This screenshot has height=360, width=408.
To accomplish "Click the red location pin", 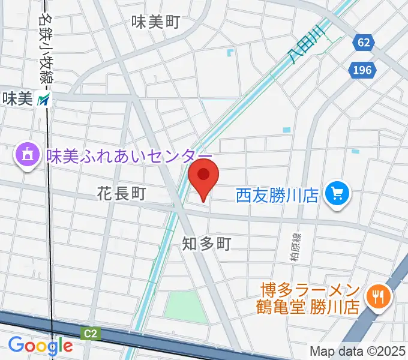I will [x=203, y=176].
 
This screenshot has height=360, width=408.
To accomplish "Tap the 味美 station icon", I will [x=44, y=100].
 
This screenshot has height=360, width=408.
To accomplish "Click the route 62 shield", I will [x=362, y=43].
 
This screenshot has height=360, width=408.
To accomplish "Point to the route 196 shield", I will [x=362, y=70].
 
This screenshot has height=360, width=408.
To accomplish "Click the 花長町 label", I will [x=122, y=194].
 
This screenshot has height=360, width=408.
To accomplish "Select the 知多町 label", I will [x=206, y=243].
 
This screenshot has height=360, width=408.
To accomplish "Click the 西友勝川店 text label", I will [x=276, y=196].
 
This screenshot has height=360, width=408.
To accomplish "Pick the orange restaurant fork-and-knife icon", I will [x=379, y=295].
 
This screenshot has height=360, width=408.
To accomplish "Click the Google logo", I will [x=40, y=345].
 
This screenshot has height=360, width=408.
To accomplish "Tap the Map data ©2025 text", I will [x=358, y=351].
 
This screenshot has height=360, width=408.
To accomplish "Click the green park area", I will [x=185, y=306].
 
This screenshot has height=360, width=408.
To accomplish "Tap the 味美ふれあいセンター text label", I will [x=121, y=157].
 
